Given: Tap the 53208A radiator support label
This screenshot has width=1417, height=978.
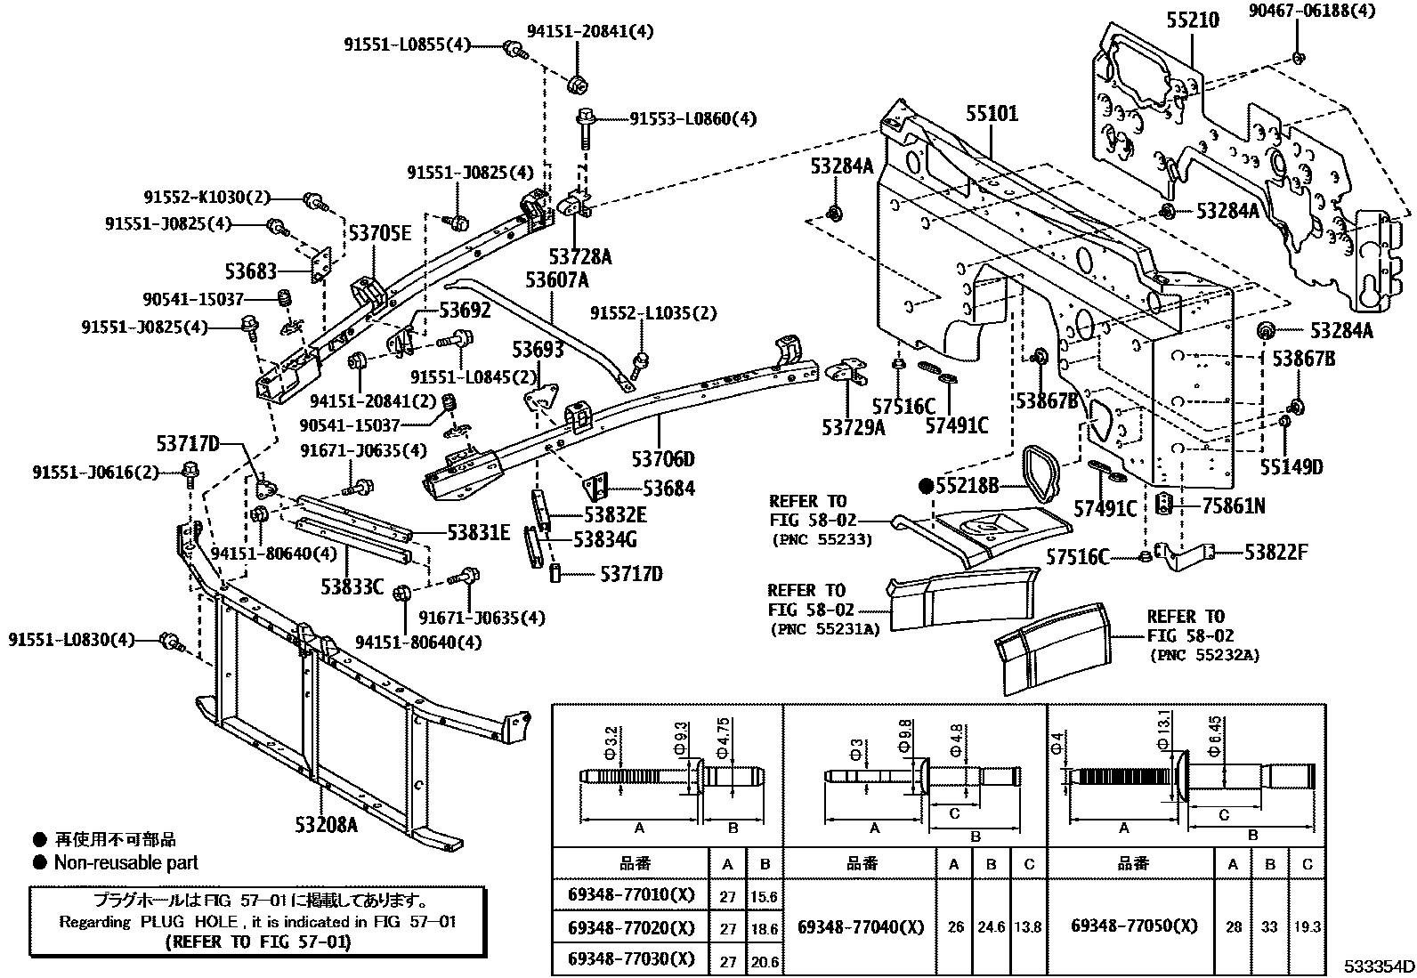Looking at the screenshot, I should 327,824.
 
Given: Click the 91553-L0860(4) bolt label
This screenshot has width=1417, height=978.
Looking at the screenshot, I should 692,118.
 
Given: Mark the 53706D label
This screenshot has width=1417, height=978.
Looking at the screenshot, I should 663,459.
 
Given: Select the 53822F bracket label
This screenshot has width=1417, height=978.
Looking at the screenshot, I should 1275,553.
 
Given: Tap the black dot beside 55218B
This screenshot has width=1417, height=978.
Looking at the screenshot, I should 926,486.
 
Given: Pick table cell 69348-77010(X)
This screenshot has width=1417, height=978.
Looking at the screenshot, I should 630,894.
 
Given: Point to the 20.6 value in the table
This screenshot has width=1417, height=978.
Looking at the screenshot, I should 765,959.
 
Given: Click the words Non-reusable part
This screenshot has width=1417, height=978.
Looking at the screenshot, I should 126,862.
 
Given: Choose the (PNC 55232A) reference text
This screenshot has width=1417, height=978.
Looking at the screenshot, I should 1204,655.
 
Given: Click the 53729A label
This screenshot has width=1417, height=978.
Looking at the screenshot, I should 853,427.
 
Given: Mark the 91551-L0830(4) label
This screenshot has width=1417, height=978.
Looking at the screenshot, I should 71,640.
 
